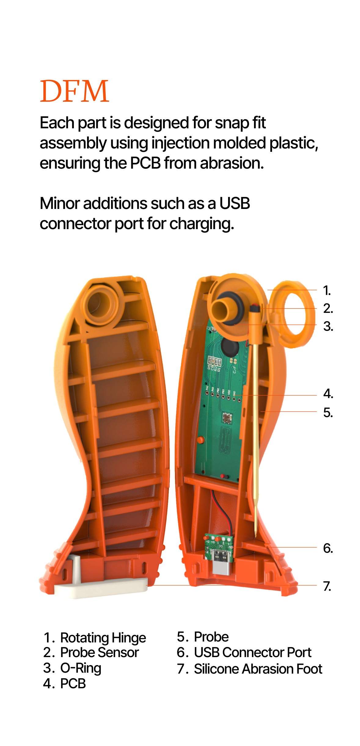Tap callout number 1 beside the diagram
pos(327,291)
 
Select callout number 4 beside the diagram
pos(328,394)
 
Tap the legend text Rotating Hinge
pos(103,638)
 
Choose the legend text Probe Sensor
pos(99,653)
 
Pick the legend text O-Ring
pos(81,668)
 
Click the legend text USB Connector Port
pos(253,653)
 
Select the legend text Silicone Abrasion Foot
pos(258,669)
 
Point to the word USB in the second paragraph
pos(235,203)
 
